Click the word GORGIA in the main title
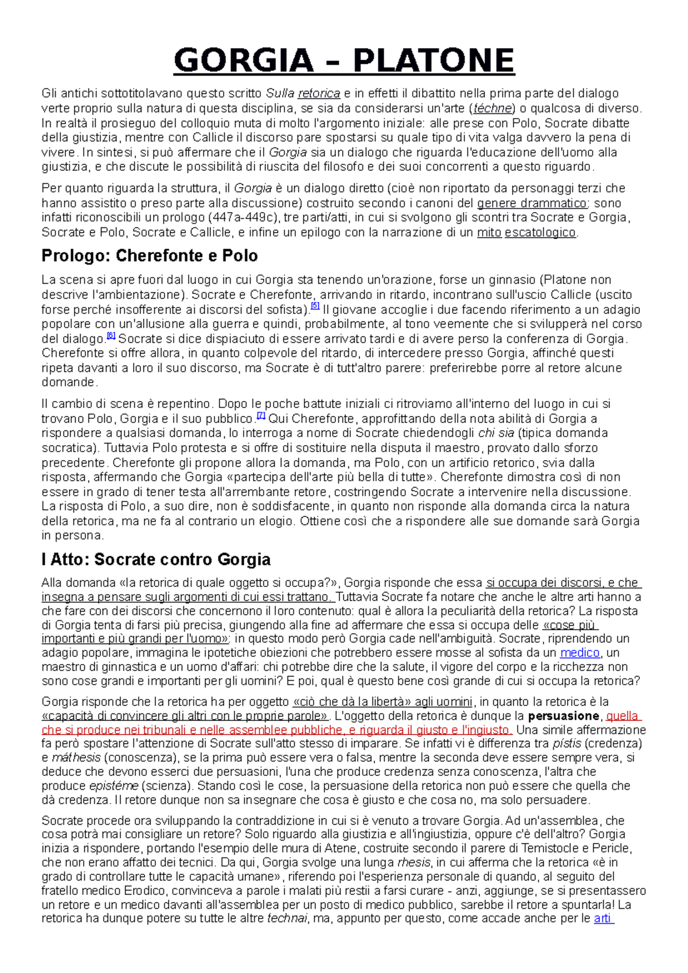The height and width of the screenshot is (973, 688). [244, 61]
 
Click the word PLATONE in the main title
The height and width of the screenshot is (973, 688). [433, 61]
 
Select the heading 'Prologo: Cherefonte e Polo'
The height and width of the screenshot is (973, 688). [150, 256]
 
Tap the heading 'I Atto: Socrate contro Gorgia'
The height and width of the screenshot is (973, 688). [156, 559]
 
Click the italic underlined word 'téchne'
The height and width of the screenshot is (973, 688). [492, 108]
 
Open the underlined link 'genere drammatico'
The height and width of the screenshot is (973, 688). [532, 203]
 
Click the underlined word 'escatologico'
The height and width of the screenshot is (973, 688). [540, 232]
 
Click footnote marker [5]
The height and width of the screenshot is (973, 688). [315, 307]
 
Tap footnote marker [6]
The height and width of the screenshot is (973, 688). [111, 336]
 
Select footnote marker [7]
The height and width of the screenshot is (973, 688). [261, 415]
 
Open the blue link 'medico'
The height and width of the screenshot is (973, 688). [580, 653]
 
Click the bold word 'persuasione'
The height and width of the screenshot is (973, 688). [564, 716]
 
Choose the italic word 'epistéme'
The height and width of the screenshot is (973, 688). [114, 786]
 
